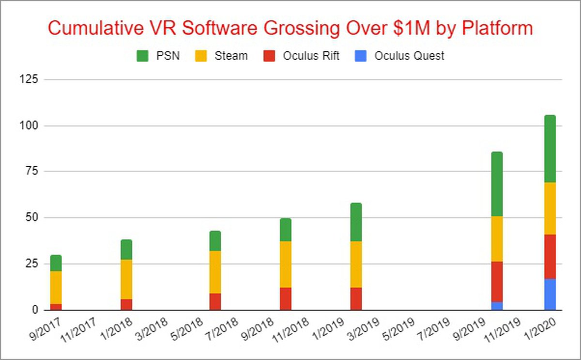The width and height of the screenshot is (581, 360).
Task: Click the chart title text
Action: [x=290, y=28]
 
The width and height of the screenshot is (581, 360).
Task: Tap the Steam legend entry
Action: [x=223, y=56]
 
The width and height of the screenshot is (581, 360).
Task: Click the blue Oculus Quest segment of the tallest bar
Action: [x=550, y=294]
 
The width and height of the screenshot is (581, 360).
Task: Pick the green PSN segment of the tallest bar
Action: [x=550, y=149]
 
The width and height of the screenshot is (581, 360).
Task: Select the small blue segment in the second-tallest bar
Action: [x=497, y=306]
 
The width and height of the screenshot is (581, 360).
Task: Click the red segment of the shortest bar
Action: [x=56, y=307]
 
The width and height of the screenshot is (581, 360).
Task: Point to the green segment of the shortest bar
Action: [x=56, y=263]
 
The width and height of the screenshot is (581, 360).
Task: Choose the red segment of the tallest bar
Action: [x=550, y=256]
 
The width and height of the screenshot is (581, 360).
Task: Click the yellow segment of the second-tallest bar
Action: [x=497, y=239]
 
